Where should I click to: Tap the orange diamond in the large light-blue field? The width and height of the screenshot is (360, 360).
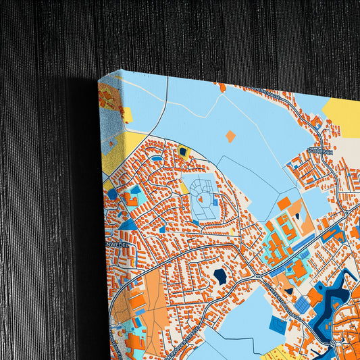click(230, 136)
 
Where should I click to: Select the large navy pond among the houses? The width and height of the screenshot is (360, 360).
click(220, 276)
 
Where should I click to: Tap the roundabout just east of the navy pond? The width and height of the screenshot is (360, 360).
click(257, 277)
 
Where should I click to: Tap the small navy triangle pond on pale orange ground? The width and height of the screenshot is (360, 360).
click(297, 217)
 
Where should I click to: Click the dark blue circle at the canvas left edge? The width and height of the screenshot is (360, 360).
click(112, 194)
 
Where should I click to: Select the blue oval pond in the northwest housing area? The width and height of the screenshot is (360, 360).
click(157, 159)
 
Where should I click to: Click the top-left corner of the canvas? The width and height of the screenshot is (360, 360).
click(99, 78)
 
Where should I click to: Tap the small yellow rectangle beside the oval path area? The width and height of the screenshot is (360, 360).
click(184, 190)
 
